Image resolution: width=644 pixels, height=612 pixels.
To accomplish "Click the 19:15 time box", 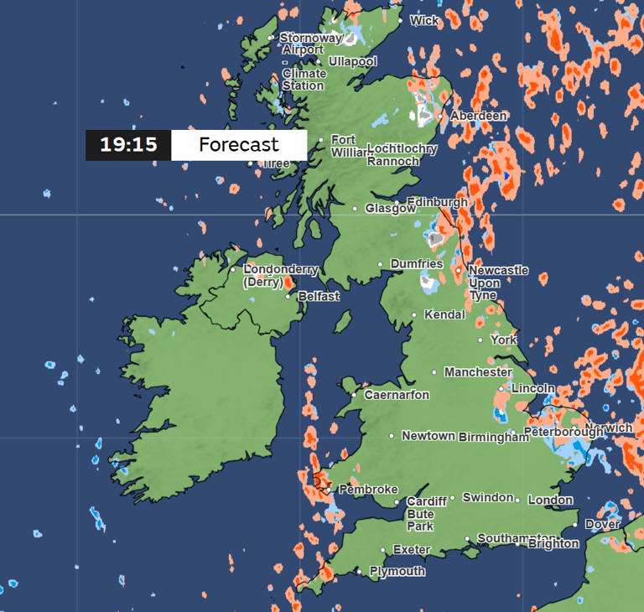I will [128, 145].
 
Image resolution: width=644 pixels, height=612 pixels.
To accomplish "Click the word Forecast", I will [239, 145].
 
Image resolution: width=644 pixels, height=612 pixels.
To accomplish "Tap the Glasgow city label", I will [390, 209].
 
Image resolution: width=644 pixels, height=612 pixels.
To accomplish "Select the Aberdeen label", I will [479, 116].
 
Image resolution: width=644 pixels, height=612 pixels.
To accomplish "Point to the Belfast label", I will [319, 296].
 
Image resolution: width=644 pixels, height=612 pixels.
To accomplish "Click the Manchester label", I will [478, 371].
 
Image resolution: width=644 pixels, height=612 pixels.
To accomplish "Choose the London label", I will [550, 500].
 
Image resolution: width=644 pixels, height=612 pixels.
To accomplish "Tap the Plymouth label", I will [397, 571].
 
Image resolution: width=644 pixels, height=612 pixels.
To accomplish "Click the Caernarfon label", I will [397, 395].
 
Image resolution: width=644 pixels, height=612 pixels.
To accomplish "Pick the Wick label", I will [424, 20].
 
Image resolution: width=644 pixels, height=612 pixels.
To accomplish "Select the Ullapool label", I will [353, 61].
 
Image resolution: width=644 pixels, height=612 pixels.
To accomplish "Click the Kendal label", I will [444, 315].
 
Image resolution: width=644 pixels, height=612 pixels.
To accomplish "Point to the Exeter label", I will [412, 550].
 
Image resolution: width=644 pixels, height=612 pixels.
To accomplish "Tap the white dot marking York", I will [480, 340].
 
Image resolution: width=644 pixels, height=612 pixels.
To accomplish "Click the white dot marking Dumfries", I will [380, 264].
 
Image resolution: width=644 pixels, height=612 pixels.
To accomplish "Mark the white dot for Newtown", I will [391, 436].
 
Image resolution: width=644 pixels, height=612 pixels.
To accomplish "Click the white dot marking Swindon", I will [452, 497].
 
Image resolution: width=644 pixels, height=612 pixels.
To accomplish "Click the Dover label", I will [602, 524].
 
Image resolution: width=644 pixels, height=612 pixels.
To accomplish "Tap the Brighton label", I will [553, 543].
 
